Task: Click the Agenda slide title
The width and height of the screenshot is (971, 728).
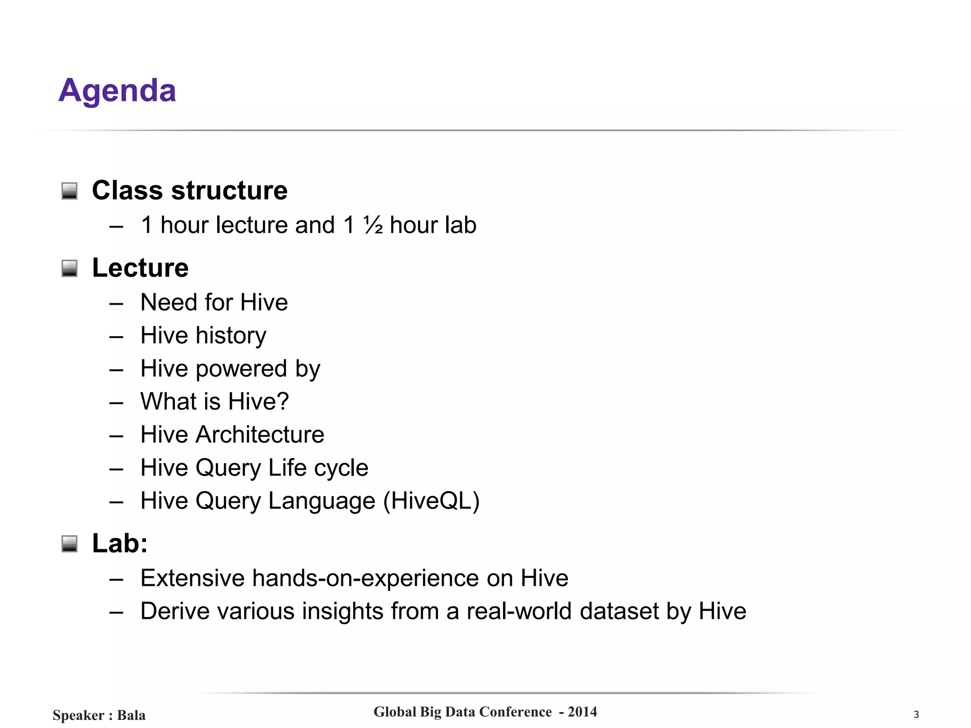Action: coord(117,90)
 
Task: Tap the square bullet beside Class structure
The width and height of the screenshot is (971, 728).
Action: coord(69,191)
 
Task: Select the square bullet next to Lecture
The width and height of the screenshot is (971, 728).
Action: coord(69,268)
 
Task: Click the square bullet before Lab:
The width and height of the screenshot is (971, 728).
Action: coord(69,544)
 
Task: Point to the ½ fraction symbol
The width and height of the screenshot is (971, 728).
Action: coord(373,225)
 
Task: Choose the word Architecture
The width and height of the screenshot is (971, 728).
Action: coord(260,435)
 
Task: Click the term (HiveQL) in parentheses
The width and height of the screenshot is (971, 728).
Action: coord(431,501)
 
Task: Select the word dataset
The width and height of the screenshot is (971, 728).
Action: coord(619,611)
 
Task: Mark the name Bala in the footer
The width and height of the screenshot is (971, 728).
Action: coord(131,715)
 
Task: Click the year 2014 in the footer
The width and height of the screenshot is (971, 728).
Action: coord(582,712)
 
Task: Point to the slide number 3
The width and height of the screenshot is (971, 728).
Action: coord(916,715)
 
